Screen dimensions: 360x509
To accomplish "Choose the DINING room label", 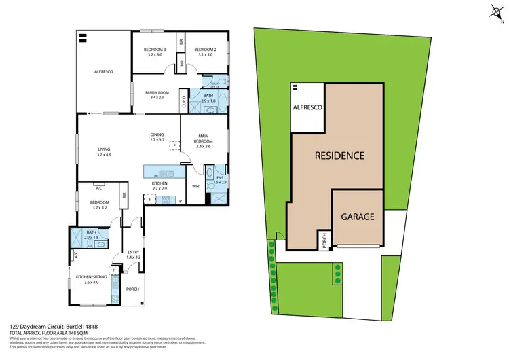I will coord(157,134).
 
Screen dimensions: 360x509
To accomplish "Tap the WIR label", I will coord(195,185).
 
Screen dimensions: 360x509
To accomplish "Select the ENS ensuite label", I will coord(219,179).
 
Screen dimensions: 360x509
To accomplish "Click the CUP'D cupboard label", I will coord(184,103).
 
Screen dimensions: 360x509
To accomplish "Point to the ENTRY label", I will coord(133,252).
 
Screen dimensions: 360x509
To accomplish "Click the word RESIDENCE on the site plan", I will coord(339,156).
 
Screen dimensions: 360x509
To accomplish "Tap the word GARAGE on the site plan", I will coord(358,217).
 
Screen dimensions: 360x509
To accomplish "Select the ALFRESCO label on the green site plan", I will coord(307,108).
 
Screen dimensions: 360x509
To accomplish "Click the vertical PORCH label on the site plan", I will coord(325,240).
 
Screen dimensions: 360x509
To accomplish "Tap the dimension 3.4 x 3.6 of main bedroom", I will coord(204,146).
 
